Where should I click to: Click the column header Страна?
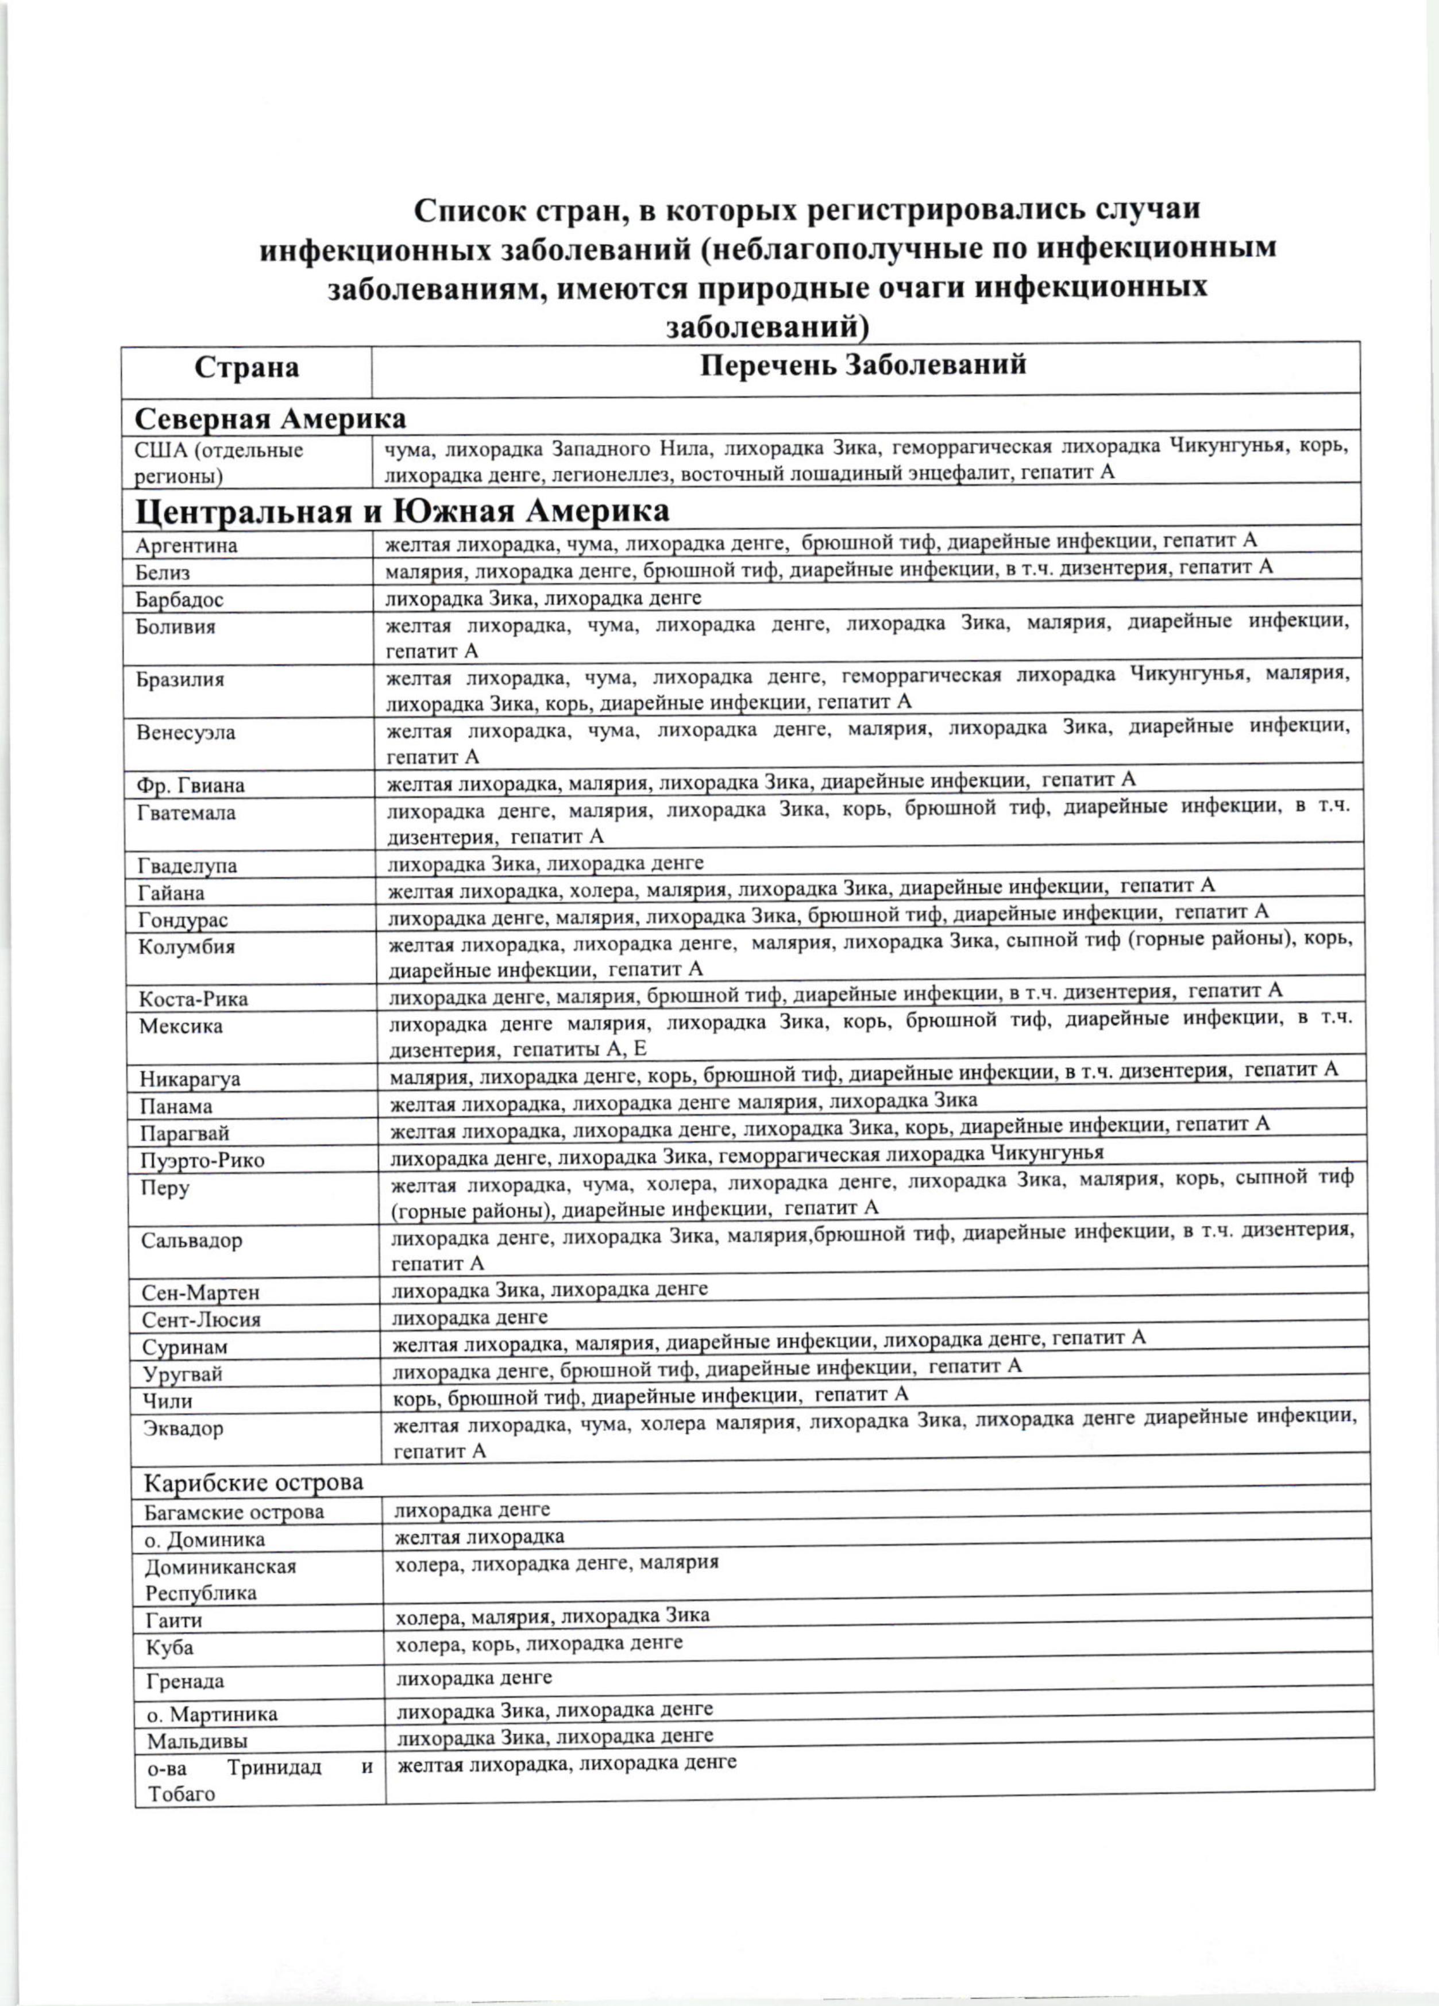(x=247, y=367)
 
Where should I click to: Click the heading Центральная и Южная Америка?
(x=403, y=510)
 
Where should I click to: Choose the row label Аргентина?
(x=187, y=546)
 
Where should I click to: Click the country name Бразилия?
(x=180, y=680)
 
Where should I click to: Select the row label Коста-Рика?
(x=194, y=1000)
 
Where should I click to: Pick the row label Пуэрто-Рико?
(x=203, y=1160)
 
